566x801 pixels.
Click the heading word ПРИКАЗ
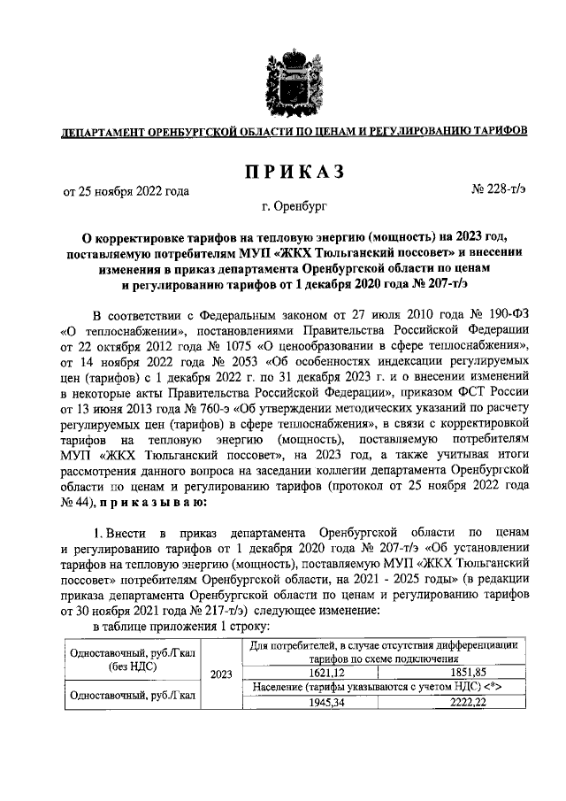[282, 171]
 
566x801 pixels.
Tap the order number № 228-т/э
[499, 189]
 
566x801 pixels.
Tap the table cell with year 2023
[220, 674]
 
